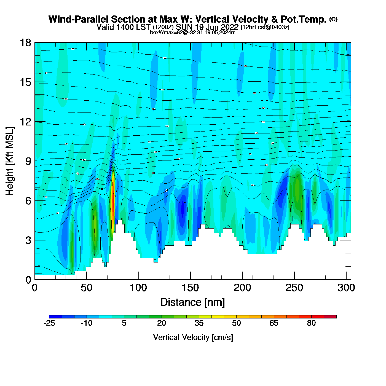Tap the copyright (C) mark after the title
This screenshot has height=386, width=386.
tap(333, 19)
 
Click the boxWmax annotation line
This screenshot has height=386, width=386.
tap(193, 33)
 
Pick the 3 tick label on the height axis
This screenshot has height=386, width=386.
tap(28, 240)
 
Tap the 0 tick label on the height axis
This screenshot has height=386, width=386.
tap(28, 280)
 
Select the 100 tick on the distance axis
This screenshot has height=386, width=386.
tap(138, 288)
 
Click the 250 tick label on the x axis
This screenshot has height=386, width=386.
tap(294, 288)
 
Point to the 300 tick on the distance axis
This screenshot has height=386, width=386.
tap(346, 288)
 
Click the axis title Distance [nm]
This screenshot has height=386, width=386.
tap(193, 302)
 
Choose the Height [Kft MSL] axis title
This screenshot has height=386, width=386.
tap(10, 161)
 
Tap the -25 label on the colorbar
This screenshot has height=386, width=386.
tap(49, 323)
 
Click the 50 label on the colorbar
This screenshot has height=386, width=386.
tap(236, 323)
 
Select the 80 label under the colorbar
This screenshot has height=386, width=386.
tap(311, 323)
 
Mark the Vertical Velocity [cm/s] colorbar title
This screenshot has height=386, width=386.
tap(193, 337)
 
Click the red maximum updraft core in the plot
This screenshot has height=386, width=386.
tap(112, 204)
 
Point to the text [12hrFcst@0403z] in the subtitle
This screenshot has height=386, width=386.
tap(265, 27)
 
